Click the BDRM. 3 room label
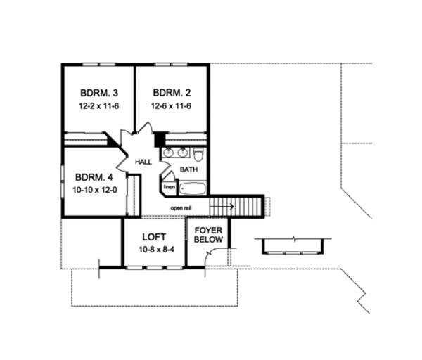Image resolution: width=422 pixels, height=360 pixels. click(98, 92)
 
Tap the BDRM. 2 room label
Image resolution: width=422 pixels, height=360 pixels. click(172, 92)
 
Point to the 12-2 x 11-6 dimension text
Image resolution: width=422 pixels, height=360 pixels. click(98, 105)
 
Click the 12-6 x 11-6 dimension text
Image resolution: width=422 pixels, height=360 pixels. click(172, 105)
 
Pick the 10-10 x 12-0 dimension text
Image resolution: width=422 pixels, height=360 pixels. click(93, 190)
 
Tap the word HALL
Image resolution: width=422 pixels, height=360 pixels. click(143, 162)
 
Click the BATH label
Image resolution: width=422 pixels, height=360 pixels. click(188, 170)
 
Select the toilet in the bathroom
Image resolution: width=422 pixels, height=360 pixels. click(199, 154)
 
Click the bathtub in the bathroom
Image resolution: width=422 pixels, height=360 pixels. click(192, 188)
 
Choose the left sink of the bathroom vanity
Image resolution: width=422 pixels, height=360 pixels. click(170, 153)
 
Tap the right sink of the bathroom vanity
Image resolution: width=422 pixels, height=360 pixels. click(183, 153)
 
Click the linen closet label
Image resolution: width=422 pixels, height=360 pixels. click(169, 188)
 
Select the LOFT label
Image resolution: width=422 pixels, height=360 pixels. click(153, 238)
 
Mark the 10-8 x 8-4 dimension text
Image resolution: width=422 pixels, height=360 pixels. click(153, 250)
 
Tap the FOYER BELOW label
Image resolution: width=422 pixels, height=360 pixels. click(209, 235)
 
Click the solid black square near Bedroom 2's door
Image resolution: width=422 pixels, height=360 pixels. click(159, 139)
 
